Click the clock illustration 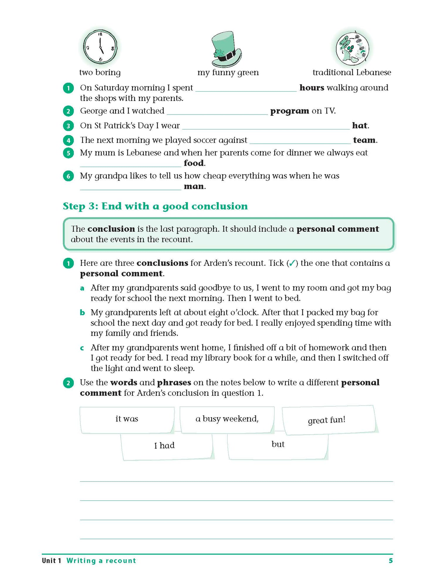[100, 47]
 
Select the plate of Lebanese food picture [352, 49]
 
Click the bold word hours [312, 88]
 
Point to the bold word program [289, 111]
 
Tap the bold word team [364, 140]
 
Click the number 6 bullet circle [68, 176]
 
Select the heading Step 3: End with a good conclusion [155, 206]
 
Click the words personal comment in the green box [337, 229]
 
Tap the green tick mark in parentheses [292, 263]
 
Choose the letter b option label [82, 313]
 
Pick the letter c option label [82, 348]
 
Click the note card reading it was [127, 419]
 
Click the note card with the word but [278, 445]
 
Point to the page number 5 [391, 561]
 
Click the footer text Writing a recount [101, 561]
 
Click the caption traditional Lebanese [352, 73]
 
